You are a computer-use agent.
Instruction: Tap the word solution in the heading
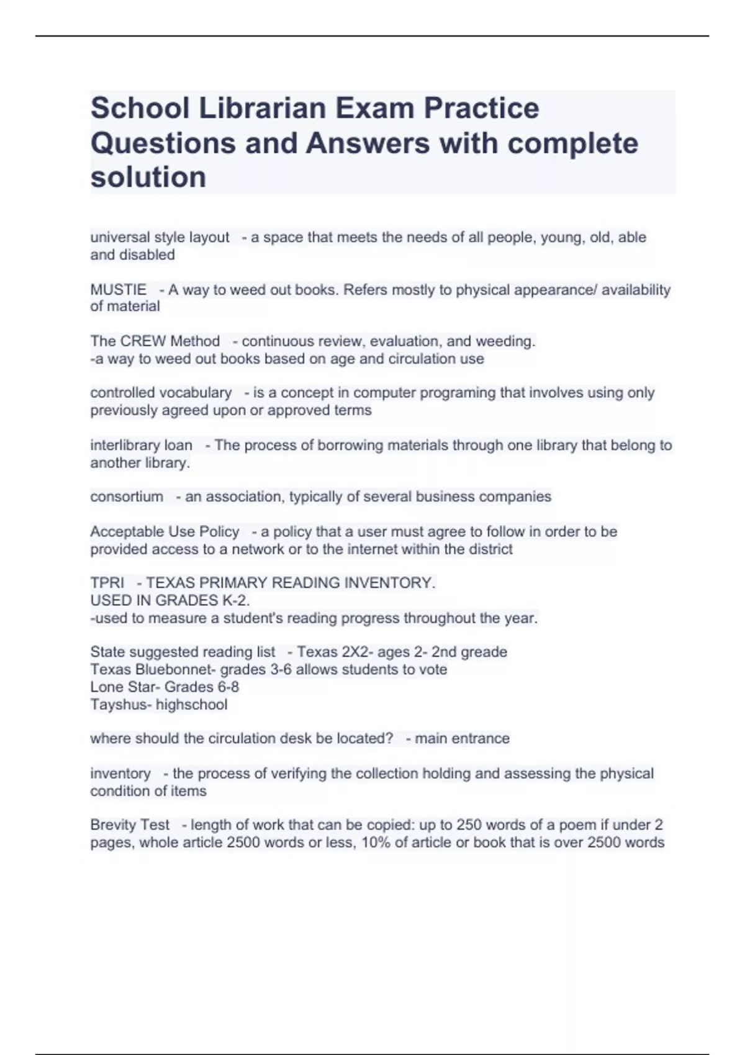pyautogui.click(x=148, y=177)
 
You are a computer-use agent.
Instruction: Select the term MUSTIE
pyautogui.click(x=118, y=290)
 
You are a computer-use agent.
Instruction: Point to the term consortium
pyautogui.click(x=127, y=496)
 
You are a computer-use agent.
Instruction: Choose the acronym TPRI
pyautogui.click(x=107, y=583)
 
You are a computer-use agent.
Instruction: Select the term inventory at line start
pyautogui.click(x=120, y=773)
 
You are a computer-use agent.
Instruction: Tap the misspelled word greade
pyautogui.click(x=484, y=652)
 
